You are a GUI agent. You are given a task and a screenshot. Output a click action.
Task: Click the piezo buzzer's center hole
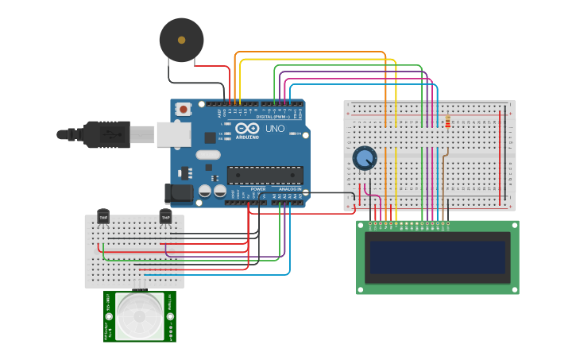[181, 40]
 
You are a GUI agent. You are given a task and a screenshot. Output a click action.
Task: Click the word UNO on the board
[274, 129]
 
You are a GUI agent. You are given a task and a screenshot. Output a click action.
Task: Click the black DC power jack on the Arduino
[179, 192]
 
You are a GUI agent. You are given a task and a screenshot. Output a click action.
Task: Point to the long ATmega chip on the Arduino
[265, 175]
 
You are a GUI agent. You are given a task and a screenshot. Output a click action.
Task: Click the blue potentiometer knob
[365, 158]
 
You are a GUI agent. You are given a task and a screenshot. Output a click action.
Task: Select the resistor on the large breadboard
[448, 122]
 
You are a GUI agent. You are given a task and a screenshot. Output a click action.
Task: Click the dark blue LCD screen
[437, 257]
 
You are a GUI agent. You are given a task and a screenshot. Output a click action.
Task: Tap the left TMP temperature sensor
[103, 215]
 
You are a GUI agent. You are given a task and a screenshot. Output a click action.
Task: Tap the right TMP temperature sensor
[165, 215]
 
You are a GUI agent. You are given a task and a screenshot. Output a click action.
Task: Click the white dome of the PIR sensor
[140, 316]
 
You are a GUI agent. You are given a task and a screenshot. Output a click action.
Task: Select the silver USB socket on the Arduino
[173, 134]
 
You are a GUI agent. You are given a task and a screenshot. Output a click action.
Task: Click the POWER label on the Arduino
[258, 189]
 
